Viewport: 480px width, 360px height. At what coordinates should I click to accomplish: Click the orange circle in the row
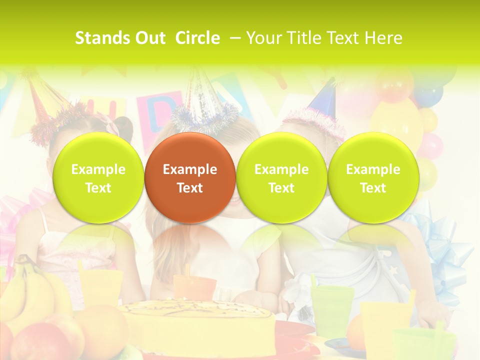[190, 177]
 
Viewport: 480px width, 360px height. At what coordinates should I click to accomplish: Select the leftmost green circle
[98, 177]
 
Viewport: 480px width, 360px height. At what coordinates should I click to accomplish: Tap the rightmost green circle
[373, 177]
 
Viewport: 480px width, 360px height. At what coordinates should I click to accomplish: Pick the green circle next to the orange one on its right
[281, 177]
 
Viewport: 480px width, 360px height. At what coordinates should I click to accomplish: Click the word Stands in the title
[101, 38]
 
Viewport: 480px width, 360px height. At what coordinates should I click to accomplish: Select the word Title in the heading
[303, 38]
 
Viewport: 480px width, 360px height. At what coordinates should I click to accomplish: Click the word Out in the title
[149, 38]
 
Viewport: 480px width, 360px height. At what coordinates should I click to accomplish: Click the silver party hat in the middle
[202, 95]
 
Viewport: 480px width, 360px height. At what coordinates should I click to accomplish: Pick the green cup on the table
[331, 305]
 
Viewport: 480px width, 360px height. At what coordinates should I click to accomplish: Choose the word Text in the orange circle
[190, 188]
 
